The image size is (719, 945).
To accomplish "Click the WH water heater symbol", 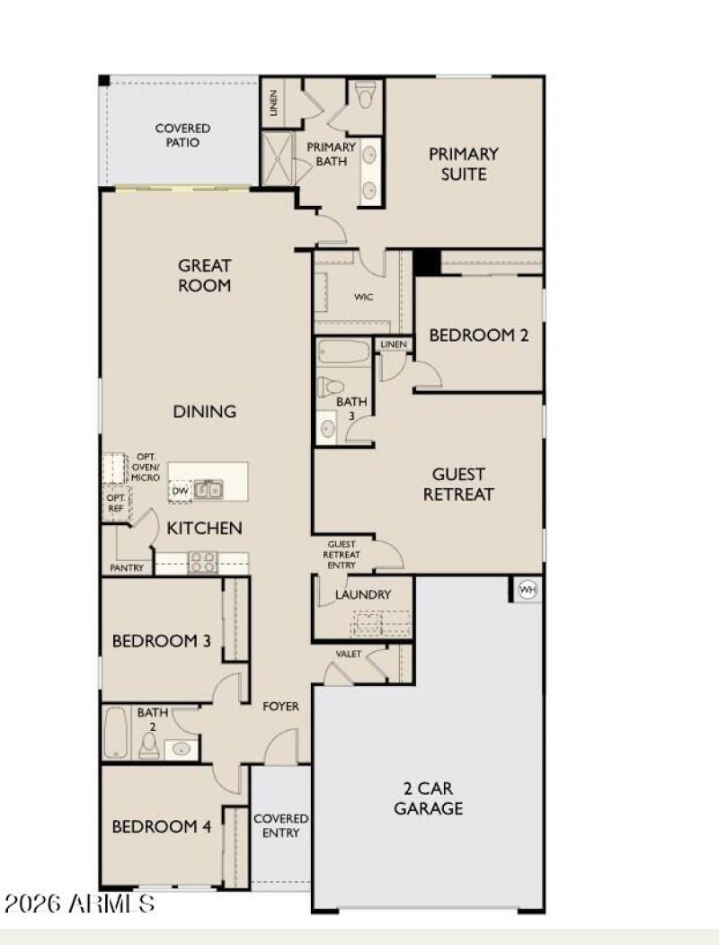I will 528,590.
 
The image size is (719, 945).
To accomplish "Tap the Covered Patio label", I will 182,136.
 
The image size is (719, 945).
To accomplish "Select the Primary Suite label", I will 463,164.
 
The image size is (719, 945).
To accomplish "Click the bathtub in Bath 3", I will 342,352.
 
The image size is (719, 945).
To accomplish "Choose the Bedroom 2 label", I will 478,335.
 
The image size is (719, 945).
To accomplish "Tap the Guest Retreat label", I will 458,484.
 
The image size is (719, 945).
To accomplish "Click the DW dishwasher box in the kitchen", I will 180,491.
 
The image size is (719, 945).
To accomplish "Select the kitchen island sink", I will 209,490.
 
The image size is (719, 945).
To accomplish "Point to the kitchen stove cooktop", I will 202,562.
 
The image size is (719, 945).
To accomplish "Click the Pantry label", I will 127,568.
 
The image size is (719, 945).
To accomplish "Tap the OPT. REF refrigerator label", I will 115,503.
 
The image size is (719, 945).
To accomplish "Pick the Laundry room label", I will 362,594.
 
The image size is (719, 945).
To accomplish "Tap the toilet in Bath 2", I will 149,744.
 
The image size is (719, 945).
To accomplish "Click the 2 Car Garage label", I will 428,798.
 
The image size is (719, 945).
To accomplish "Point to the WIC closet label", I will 363,297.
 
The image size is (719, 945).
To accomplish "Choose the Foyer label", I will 281,707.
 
